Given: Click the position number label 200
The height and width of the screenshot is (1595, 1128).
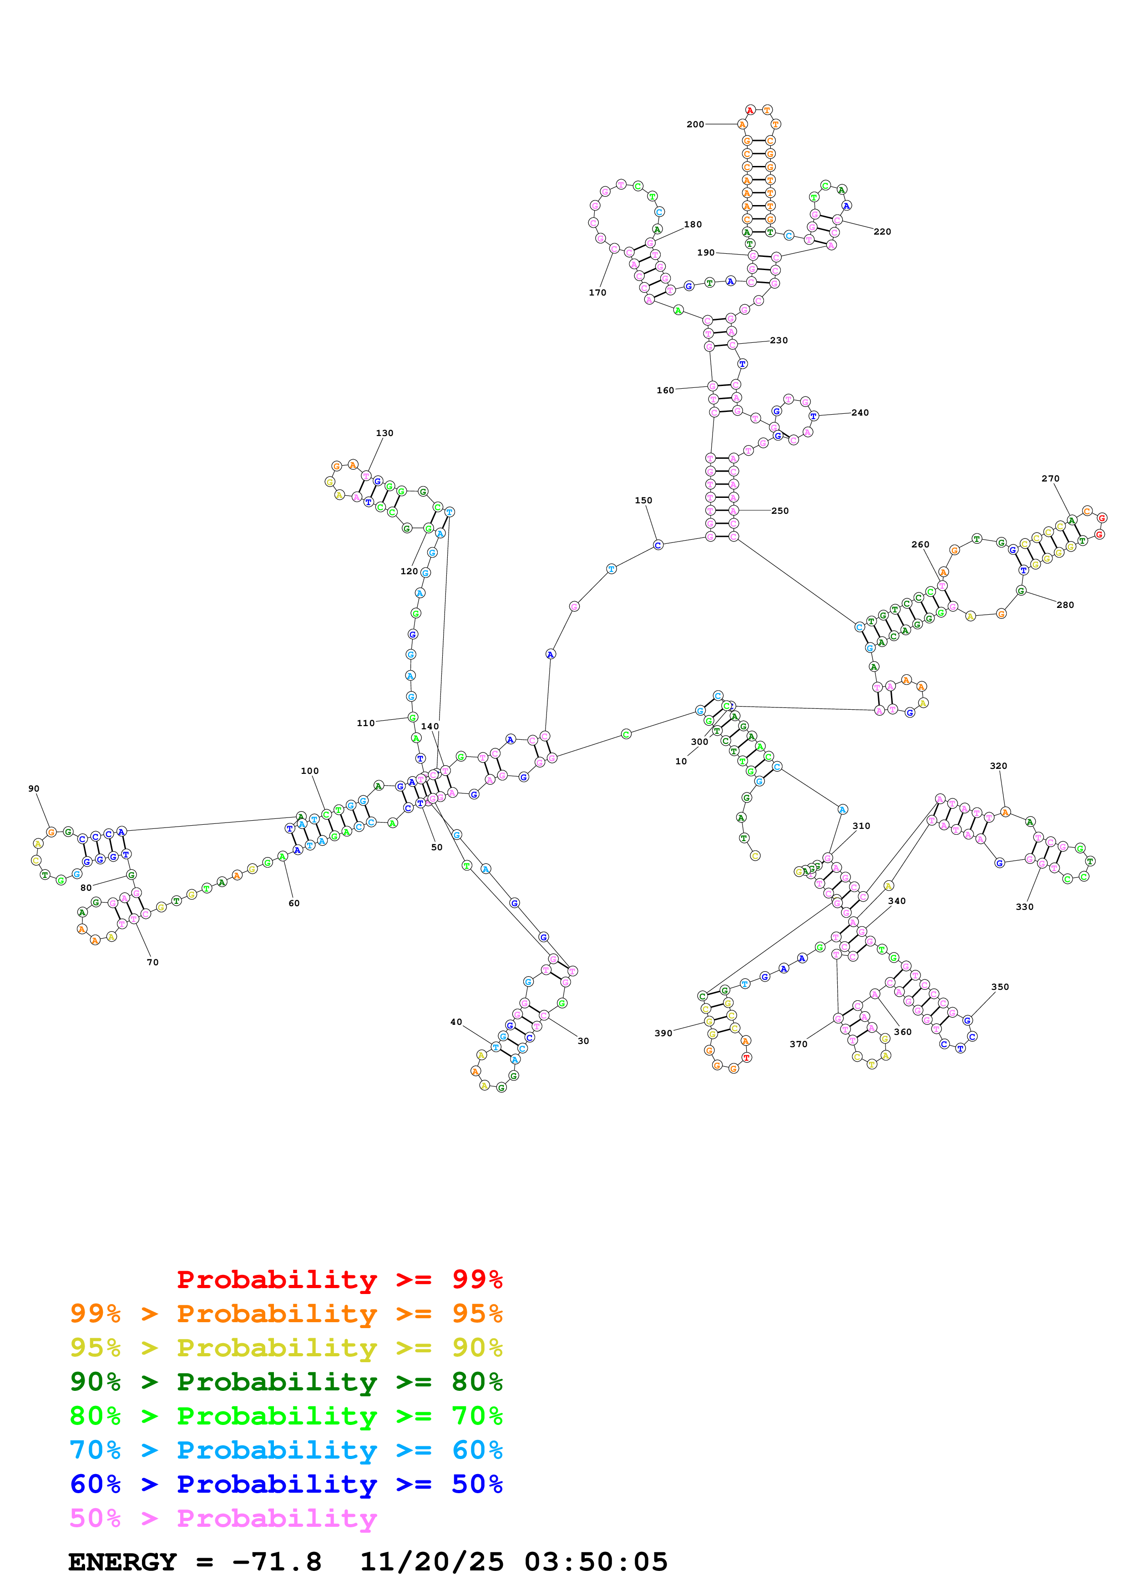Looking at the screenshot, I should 695,124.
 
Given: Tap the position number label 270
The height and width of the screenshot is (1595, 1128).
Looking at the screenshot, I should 1050,479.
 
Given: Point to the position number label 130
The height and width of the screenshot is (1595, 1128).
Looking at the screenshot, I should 384,433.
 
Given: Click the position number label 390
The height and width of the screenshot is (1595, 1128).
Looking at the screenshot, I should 663,1033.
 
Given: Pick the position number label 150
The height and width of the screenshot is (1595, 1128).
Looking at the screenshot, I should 643,500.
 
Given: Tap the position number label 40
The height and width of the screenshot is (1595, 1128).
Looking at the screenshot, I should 456,1022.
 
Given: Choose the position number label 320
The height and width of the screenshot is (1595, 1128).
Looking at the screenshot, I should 998,766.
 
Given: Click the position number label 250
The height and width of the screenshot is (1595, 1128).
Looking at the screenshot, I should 780,511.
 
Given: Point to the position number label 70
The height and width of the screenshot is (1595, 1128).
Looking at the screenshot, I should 153,962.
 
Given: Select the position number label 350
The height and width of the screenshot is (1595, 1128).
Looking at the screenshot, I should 999,987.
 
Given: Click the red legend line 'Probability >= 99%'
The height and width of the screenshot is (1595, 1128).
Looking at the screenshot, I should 339,1279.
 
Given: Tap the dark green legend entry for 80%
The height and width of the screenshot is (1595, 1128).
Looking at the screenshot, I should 286,1382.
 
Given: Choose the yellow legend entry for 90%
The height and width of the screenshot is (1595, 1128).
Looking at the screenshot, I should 286,1348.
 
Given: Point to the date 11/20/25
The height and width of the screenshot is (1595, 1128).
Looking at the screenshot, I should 431,1562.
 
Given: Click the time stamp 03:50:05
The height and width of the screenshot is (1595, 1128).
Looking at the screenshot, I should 596,1562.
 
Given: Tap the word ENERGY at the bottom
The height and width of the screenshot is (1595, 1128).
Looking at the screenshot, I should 122,1562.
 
